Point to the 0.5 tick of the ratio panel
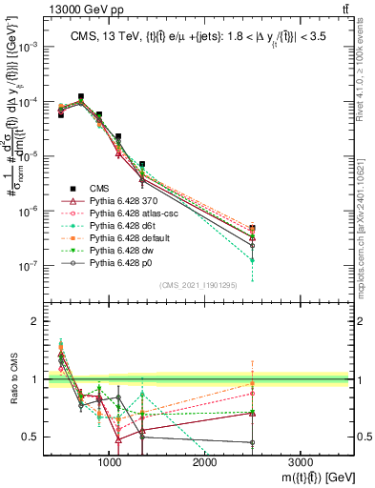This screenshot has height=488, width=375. (31, 437)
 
